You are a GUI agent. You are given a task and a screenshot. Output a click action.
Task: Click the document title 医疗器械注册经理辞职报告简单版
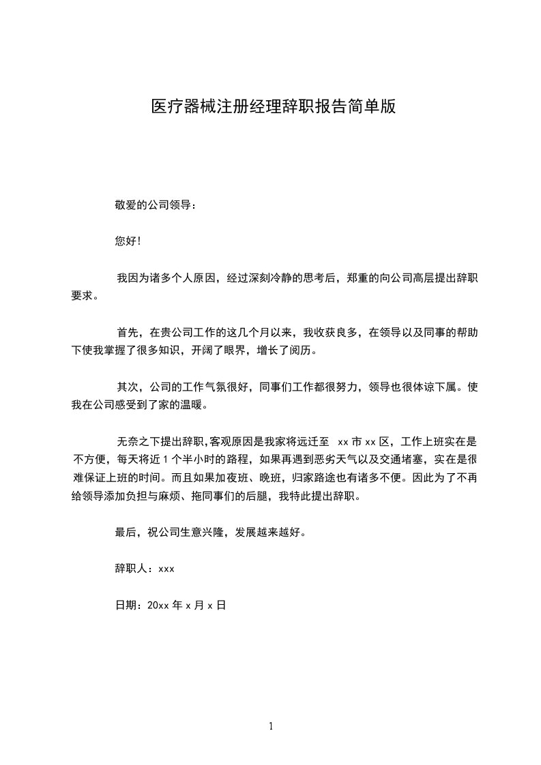273,107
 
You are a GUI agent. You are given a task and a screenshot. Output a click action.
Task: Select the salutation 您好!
128,241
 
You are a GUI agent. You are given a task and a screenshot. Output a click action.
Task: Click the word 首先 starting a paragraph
128,333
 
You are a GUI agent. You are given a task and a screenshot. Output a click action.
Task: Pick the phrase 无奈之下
137,442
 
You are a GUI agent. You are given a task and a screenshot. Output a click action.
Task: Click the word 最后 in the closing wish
125,532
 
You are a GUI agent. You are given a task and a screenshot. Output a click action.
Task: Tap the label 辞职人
133,569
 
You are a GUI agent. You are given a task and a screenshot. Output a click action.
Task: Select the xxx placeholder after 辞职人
166,569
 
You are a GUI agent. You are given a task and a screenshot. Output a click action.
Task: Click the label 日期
125,605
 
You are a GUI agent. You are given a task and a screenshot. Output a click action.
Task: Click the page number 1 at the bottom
271,727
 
